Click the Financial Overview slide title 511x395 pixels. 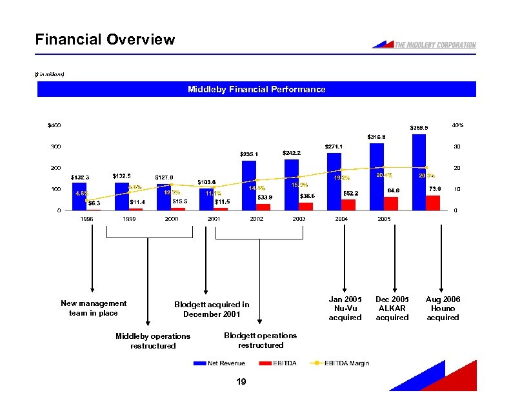[105, 39]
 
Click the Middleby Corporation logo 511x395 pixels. [425, 45]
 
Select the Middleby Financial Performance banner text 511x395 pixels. [256, 89]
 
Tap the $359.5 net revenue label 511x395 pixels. [419, 128]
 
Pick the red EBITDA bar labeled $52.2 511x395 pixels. [348, 205]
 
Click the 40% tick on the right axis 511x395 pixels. [457, 125]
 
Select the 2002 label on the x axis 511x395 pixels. [256, 219]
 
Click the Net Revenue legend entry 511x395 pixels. [221, 363]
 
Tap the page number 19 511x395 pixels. [241, 383]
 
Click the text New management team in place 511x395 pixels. [93, 308]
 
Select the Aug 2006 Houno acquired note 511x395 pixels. [443, 309]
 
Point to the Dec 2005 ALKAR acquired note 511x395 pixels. [392, 309]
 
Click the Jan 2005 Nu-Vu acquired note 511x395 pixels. [345, 309]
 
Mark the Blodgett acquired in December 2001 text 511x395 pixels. [212, 309]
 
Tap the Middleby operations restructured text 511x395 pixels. [152, 341]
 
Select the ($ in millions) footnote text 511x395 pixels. [49, 74]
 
